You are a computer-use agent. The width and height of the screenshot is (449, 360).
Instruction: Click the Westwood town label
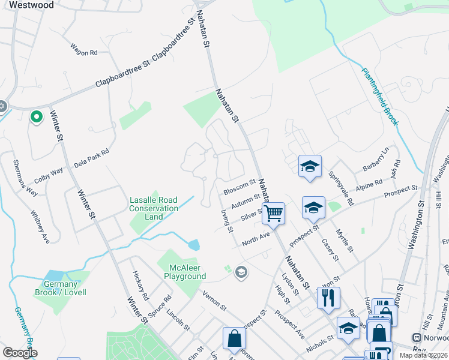click(x=31, y=5)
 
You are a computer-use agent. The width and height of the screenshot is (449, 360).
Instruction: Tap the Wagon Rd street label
click(x=83, y=53)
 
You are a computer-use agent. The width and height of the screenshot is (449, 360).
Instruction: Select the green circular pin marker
click(x=36, y=117)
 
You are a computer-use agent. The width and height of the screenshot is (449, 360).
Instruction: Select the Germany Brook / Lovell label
click(x=64, y=288)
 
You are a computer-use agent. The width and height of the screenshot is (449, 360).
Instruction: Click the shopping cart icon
click(x=273, y=213)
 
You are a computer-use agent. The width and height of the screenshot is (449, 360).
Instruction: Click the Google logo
click(x=20, y=353)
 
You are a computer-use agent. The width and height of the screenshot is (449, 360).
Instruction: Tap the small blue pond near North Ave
click(x=193, y=245)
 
